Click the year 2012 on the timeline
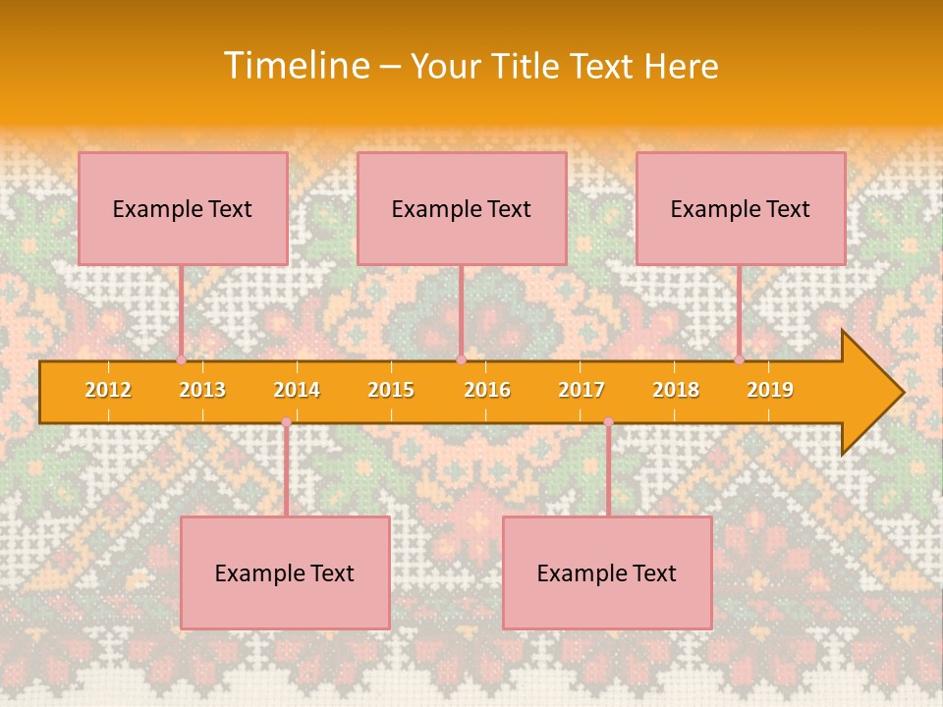(x=108, y=390)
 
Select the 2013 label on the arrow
(x=202, y=390)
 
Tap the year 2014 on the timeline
(x=297, y=390)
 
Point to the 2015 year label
(x=391, y=390)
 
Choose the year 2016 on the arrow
(x=487, y=390)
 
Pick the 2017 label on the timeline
(x=582, y=390)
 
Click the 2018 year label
(x=676, y=390)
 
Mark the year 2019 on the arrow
(x=770, y=390)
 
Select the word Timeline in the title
(x=295, y=66)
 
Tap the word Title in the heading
(x=528, y=66)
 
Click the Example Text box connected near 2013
(x=183, y=208)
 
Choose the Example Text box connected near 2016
(x=462, y=208)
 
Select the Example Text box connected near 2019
(x=741, y=208)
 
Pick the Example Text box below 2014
(x=285, y=572)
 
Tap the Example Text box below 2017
(x=607, y=572)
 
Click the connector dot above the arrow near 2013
(x=182, y=359)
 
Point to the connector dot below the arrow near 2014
(x=286, y=422)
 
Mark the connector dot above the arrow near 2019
(x=740, y=359)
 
